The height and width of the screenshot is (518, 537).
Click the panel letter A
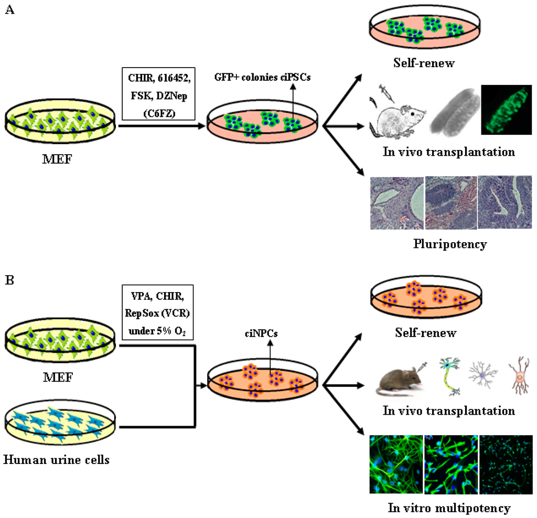tap(9, 10)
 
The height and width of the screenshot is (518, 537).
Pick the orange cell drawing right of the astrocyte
tap(518, 378)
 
